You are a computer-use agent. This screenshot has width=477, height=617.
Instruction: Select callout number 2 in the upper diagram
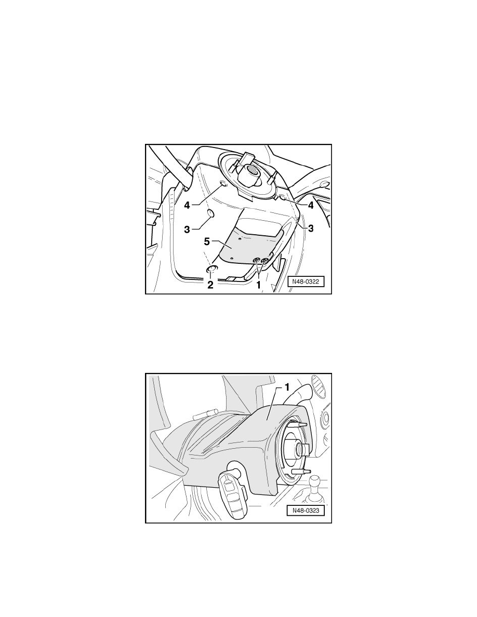pos(210,284)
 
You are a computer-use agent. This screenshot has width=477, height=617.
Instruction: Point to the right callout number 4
pos(311,205)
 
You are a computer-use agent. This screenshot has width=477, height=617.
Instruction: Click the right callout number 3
pos(311,227)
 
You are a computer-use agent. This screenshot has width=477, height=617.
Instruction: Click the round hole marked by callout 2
pos(212,269)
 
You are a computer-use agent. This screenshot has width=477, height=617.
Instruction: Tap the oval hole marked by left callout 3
pos(211,214)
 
